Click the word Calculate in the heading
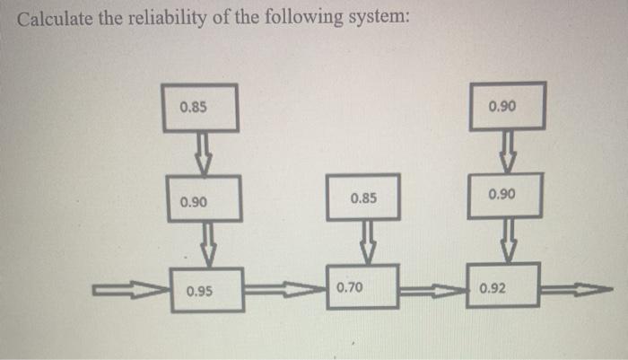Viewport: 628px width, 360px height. click(x=55, y=19)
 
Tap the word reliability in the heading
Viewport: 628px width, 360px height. click(x=169, y=19)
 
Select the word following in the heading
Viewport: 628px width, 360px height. click(x=303, y=19)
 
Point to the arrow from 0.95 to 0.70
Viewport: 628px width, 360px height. click(x=285, y=289)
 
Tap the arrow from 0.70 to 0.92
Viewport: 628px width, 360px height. click(x=433, y=290)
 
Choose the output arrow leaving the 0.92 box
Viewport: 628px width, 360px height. click(x=577, y=289)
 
